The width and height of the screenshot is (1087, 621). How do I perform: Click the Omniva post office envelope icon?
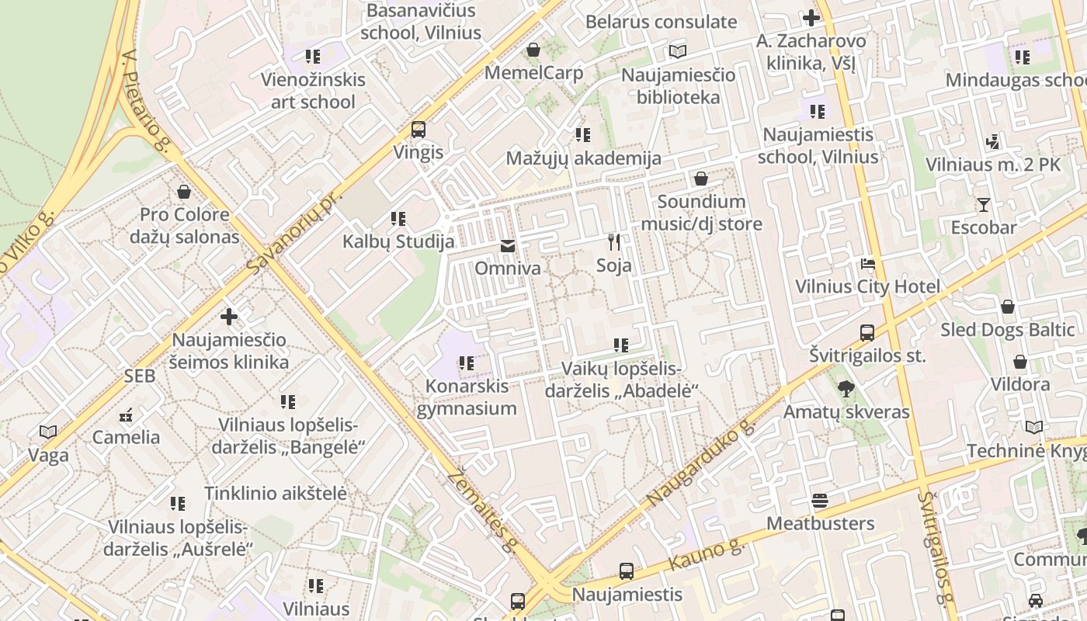click(x=507, y=246)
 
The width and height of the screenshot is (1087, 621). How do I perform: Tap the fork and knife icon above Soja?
click(x=614, y=242)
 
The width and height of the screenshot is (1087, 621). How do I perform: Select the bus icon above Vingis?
click(x=418, y=130)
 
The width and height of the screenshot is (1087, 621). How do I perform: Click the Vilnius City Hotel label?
click(x=867, y=286)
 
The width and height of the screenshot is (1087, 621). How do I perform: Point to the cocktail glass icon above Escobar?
click(x=984, y=205)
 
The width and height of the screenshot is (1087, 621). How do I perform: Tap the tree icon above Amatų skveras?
click(x=846, y=389)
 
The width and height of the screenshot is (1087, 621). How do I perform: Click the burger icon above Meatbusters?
click(x=820, y=501)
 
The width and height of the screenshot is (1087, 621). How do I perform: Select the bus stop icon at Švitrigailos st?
click(x=867, y=333)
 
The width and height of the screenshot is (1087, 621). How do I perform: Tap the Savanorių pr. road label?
click(x=295, y=230)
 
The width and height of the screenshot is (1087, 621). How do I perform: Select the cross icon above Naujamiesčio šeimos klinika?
click(x=229, y=317)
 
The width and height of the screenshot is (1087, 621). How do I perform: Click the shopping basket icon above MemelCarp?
click(x=533, y=50)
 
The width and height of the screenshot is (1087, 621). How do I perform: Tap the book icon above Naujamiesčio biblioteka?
click(x=678, y=52)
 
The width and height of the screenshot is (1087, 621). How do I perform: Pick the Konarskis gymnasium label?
click(x=467, y=397)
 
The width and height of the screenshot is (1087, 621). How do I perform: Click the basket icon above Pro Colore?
click(x=184, y=191)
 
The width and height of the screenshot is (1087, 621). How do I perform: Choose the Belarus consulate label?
click(x=661, y=22)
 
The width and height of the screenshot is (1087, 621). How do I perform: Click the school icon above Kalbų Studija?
click(x=398, y=219)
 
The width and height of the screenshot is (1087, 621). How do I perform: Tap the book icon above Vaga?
click(x=48, y=432)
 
